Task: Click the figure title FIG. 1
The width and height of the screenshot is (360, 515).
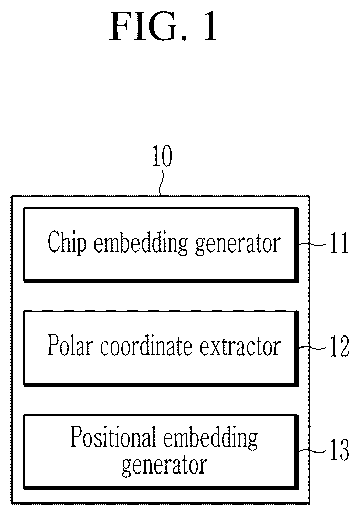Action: [163, 26]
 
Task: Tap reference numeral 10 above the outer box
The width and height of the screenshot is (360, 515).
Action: [162, 156]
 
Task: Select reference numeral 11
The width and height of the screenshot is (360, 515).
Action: [339, 244]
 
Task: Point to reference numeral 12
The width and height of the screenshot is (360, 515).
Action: [340, 346]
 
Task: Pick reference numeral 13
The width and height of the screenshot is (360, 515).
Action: [340, 450]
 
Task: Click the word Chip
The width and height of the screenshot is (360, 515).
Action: [67, 244]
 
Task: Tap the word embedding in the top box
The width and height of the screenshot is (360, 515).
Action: [141, 244]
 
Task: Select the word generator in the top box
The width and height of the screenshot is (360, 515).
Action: [238, 245]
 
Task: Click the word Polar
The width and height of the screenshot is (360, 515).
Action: [70, 345]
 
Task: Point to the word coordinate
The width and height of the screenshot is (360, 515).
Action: [146, 346]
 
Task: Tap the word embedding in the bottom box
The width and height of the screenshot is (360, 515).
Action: [210, 439]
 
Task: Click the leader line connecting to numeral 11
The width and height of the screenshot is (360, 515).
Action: [312, 244]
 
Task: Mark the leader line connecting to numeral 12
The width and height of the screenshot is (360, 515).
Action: [312, 348]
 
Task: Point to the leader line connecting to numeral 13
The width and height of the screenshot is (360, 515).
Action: [312, 451]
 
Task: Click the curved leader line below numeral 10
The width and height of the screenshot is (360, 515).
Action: [161, 183]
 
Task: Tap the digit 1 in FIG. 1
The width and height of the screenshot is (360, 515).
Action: [210, 27]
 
